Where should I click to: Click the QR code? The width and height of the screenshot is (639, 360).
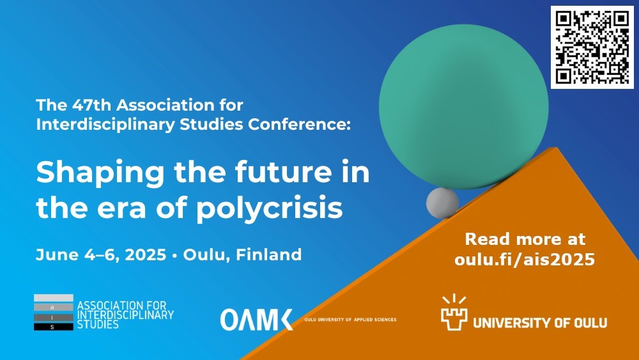pos(592,47)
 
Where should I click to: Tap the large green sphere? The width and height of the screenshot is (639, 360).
pos(464,106)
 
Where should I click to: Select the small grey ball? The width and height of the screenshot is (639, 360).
pos(442,203)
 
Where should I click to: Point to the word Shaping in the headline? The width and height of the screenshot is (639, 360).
pos(100,173)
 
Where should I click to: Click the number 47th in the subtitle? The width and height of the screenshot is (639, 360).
pos(91,106)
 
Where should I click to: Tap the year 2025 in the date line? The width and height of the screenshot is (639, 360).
pos(146,254)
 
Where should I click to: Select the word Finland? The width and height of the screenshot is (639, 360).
pos(269,254)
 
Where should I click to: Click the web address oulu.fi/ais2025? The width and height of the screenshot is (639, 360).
pos(525,260)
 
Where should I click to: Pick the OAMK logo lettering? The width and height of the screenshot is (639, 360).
pos(257,320)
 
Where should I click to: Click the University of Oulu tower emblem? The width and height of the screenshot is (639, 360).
pos(454,312)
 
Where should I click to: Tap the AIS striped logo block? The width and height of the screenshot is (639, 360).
pos(54,312)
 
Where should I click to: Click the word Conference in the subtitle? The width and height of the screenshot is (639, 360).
pos(299,124)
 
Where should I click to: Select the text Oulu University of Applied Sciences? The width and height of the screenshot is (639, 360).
pos(350,320)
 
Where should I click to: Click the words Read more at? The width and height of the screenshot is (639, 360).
pos(525,239)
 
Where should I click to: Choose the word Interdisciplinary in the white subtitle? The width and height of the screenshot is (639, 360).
pos(105,125)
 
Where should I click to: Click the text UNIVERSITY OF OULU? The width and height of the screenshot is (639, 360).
pos(540,324)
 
